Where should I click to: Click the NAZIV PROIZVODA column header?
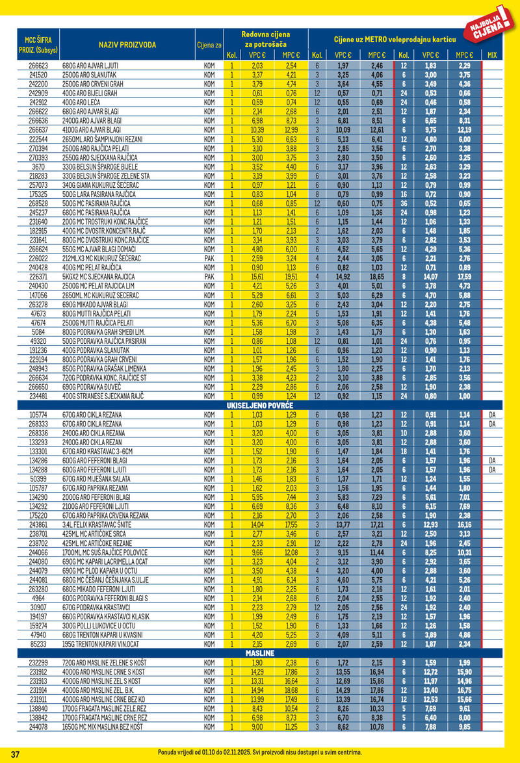pos(127,44)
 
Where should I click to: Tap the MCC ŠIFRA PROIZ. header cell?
pos(38,44)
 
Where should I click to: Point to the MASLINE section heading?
pos(260,652)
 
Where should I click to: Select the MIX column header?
pos(492,55)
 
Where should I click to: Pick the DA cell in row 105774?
pos(492,415)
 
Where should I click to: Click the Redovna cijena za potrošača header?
pos(265,38)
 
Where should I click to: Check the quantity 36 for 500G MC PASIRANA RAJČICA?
pos(404,203)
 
